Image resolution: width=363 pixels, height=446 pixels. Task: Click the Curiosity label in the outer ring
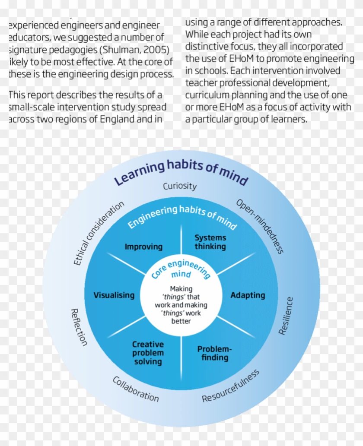(180, 187)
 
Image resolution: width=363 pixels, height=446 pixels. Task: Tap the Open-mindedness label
(260, 226)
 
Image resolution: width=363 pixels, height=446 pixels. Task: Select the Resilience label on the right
(286, 316)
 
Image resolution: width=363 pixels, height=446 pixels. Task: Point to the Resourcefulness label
(231, 386)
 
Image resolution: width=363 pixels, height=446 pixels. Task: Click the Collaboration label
(136, 389)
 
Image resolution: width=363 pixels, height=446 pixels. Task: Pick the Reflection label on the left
(79, 327)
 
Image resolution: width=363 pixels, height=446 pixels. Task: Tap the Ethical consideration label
(99, 233)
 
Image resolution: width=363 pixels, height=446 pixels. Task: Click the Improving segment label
(143, 247)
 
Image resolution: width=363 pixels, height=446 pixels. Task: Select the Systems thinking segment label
(210, 242)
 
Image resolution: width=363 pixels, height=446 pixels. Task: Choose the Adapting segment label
(248, 295)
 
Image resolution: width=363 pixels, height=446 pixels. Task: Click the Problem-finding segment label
(215, 353)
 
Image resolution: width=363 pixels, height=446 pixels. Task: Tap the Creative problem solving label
(148, 353)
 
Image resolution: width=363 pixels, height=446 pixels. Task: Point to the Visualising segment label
(114, 295)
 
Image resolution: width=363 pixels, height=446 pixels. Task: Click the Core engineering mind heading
(181, 270)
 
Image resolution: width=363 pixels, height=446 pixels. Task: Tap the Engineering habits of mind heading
(182, 216)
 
